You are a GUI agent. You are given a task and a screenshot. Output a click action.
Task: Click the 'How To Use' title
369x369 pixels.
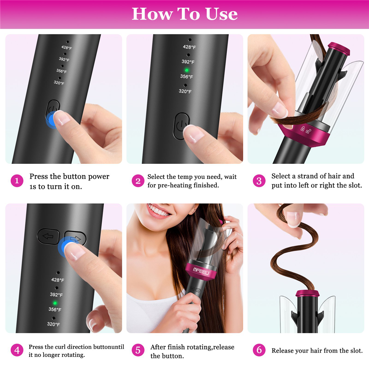point(184,14)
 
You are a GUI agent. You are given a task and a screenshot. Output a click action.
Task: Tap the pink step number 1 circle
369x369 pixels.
point(17,181)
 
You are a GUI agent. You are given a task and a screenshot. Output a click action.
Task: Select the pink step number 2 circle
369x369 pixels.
point(138,181)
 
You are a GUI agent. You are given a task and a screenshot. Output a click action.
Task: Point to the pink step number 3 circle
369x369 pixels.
point(259,181)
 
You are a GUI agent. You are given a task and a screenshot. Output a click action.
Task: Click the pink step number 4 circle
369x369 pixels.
point(17,350)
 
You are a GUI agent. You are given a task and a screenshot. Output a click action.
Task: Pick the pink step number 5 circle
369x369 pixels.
point(138,350)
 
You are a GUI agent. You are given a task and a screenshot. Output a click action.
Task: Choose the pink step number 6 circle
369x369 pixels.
point(259,350)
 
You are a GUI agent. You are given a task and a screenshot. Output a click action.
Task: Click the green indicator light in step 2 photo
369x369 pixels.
point(187,70)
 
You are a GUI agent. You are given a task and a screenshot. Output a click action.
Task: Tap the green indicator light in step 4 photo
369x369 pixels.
point(55,303)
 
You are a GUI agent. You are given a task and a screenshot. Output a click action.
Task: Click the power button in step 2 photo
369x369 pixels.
point(181,126)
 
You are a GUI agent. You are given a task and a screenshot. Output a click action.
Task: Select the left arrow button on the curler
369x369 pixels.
point(48,236)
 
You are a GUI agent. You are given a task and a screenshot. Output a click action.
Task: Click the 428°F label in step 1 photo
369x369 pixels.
point(66,48)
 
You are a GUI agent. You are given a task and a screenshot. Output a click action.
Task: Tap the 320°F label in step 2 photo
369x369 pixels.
point(185,91)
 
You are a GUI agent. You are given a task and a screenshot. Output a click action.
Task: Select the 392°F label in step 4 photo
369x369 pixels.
point(56,294)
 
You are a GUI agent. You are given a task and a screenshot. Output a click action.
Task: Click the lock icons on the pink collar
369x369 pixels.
point(306,130)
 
